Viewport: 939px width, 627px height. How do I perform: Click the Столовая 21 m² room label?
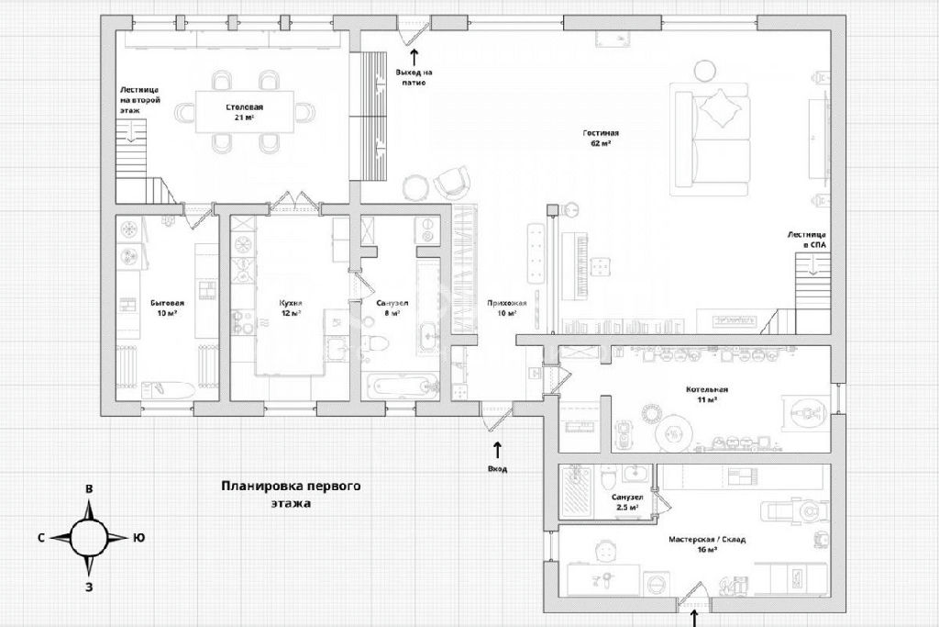[244, 112]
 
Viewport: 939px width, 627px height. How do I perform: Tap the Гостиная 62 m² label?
[600, 139]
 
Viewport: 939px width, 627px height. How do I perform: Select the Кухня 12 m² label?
[291, 308]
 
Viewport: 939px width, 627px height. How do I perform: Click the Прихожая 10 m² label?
[506, 308]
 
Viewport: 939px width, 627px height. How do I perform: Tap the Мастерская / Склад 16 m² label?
[707, 544]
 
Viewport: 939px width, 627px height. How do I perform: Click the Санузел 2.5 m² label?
[627, 502]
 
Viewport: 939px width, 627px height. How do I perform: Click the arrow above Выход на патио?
[414, 57]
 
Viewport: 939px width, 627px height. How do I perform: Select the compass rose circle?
[90, 538]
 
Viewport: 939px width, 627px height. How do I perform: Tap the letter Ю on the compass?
[138, 538]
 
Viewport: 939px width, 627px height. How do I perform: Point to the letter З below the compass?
[89, 588]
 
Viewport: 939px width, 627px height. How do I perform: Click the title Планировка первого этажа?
[291, 495]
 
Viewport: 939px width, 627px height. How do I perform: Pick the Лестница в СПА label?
[807, 241]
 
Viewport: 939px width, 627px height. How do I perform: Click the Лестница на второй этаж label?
[139, 100]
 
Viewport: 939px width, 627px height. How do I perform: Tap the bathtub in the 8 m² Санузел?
[401, 386]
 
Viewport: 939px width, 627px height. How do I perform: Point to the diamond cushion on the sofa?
[723, 108]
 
